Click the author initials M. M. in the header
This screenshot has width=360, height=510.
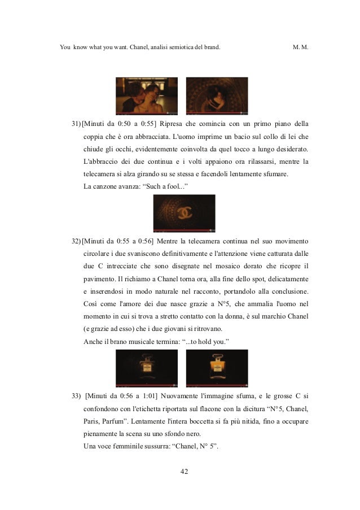pos(301,56)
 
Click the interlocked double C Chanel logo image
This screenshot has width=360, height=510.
pos(184,213)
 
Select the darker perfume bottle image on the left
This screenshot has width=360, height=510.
pos(146,368)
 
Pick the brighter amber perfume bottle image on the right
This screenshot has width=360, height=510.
pos(217,368)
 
